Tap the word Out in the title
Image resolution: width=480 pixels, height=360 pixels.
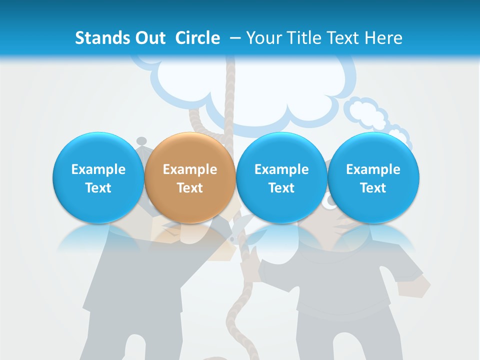point(149,38)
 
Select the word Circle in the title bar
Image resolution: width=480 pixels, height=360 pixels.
point(197,38)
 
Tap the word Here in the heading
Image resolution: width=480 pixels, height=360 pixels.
point(384,38)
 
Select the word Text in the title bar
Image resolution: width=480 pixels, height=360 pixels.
point(343,38)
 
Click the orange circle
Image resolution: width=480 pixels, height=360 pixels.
point(189,177)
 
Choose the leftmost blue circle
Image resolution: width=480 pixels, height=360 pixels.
point(98,177)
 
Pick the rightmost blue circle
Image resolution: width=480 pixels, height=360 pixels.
point(373,177)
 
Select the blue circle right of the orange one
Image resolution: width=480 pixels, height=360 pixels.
point(281,177)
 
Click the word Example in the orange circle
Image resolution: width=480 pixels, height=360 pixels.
point(189,169)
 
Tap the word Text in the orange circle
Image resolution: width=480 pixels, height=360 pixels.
point(189,188)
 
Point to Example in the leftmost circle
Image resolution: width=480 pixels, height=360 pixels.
point(98,169)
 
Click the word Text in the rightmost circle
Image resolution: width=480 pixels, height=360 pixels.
point(373,188)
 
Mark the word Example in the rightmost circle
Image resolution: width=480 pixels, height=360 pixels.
point(373,169)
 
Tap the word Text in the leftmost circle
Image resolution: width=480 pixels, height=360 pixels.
point(98,188)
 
